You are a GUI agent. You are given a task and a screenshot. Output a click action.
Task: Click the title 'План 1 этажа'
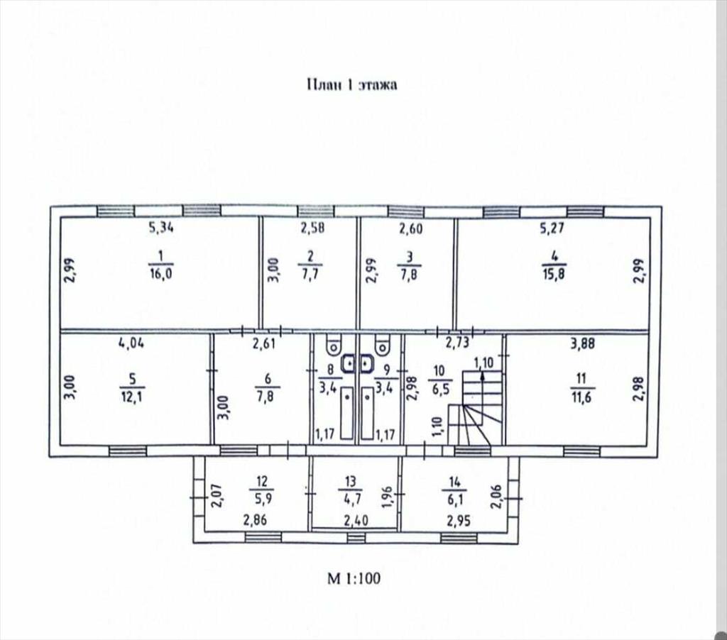tap(352, 85)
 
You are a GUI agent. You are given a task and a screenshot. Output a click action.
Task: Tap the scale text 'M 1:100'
tap(354, 578)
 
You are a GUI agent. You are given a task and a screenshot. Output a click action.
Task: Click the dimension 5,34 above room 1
tap(161, 228)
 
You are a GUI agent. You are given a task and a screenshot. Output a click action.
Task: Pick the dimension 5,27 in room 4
tap(552, 228)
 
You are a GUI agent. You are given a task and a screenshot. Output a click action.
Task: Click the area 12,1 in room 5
tap(132, 397)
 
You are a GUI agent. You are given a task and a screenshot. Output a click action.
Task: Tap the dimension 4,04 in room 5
tap(131, 343)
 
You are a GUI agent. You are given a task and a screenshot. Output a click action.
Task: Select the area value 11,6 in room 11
tap(581, 397)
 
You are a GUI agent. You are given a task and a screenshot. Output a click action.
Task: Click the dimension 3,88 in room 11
tap(582, 343)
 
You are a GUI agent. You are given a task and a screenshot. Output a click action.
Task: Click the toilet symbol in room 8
tap(334, 343)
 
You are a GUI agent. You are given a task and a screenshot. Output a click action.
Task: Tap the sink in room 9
tap(366, 364)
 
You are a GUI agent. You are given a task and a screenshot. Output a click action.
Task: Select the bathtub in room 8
tap(346, 414)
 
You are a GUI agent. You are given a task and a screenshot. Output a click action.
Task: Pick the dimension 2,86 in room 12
tap(255, 520)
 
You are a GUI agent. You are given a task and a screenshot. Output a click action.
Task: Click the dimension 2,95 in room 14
tap(459, 521)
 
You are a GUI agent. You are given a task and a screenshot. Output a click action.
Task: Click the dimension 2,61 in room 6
tap(263, 343)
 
